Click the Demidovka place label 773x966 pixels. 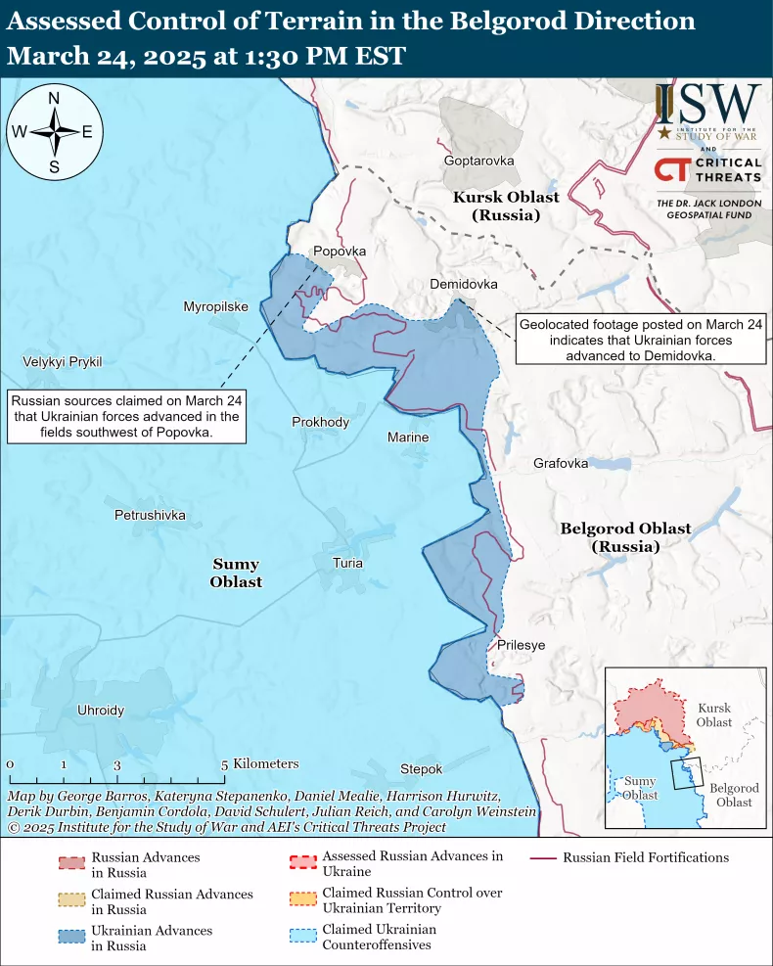pyautogui.click(x=464, y=284)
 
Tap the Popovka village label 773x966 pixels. pyautogui.click(x=339, y=252)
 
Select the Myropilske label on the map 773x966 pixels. pyautogui.click(x=215, y=306)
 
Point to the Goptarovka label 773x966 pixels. pyautogui.click(x=478, y=161)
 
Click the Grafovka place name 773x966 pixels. pyautogui.click(x=561, y=463)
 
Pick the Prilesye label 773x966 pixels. pyautogui.click(x=521, y=645)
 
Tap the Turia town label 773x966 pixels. pyautogui.click(x=347, y=563)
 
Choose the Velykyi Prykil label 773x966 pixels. pyautogui.click(x=63, y=362)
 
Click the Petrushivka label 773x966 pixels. pyautogui.click(x=150, y=514)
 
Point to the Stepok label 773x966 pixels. pyautogui.click(x=421, y=769)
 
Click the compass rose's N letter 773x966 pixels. pyautogui.click(x=55, y=98)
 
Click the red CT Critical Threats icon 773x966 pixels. pyautogui.click(x=670, y=170)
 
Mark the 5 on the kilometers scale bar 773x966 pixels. pyautogui.click(x=224, y=765)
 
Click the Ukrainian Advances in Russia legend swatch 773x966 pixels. pyautogui.click(x=72, y=938)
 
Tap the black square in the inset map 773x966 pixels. pyautogui.click(x=687, y=773)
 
